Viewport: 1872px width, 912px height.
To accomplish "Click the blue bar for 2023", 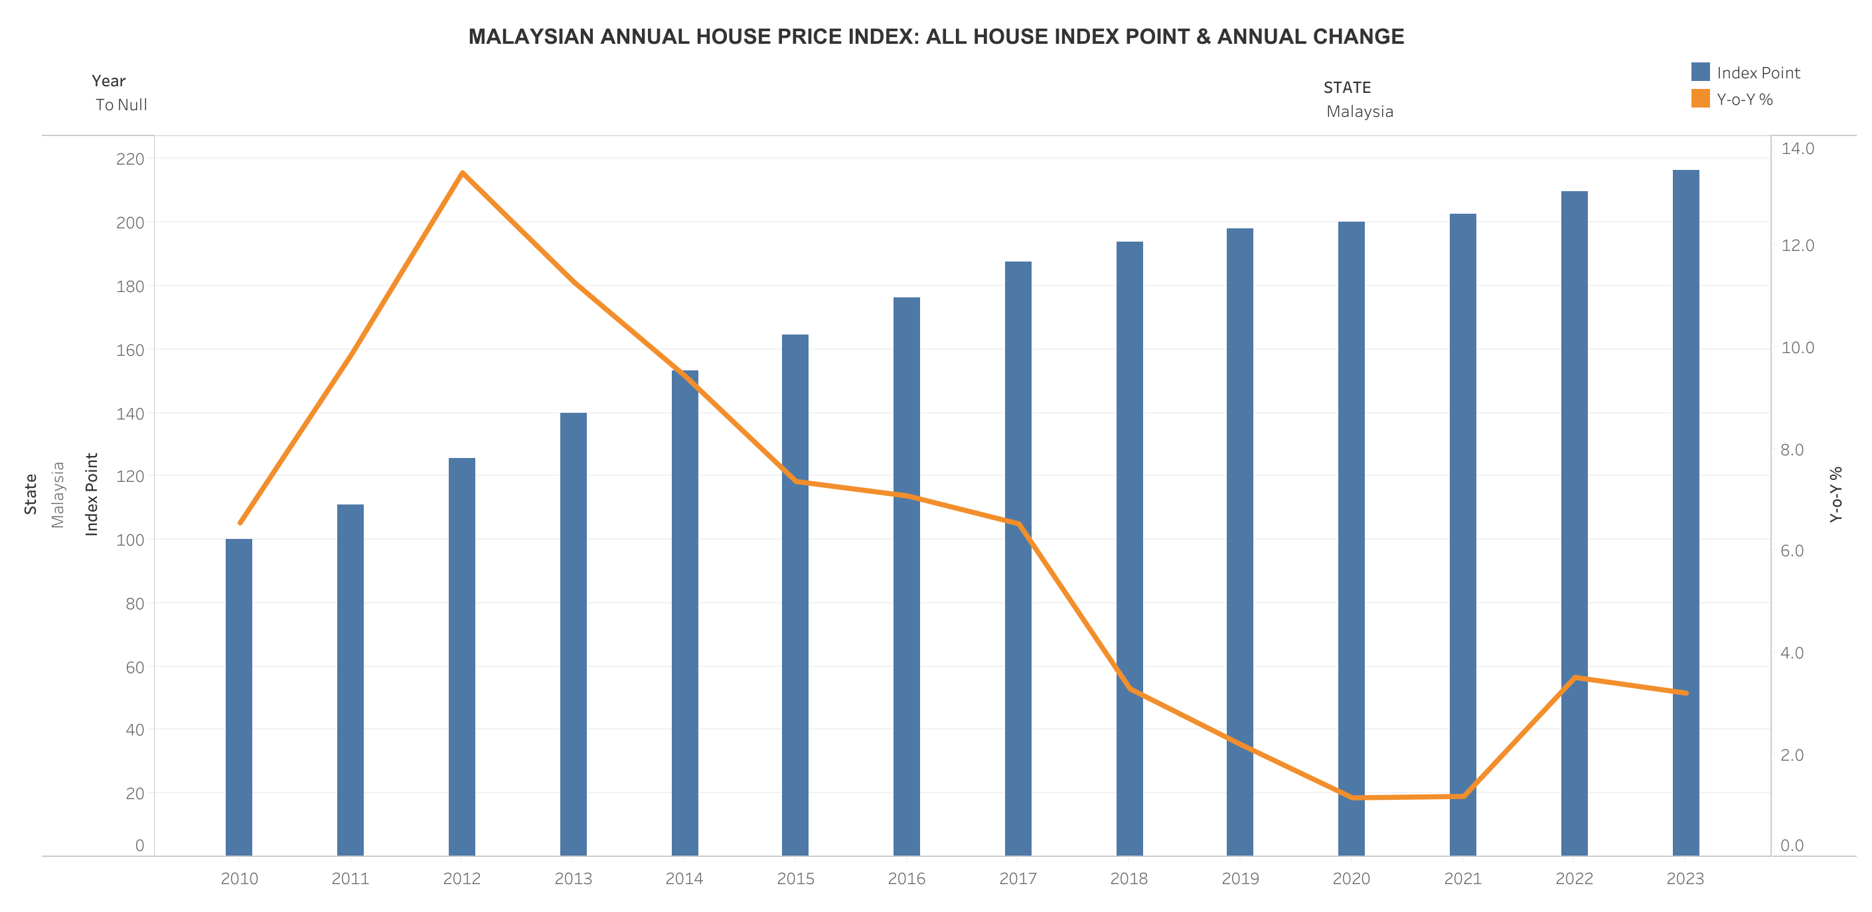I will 1685,512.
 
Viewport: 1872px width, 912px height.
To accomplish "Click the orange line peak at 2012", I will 462,173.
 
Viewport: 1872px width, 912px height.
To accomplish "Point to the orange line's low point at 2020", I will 1352,797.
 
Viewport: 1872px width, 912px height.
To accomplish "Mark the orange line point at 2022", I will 1574,678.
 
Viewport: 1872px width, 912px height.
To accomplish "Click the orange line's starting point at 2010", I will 240,522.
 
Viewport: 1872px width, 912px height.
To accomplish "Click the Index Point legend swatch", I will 1700,72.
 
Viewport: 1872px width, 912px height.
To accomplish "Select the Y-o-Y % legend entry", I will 1744,100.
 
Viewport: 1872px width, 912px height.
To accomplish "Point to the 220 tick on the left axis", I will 130,159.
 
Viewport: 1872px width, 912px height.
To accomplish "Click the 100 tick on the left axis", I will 130,539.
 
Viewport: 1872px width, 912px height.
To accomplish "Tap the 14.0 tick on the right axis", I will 1797,148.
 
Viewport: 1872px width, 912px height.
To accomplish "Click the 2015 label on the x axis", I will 795,879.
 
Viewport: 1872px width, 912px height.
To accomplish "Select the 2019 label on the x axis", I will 1240,879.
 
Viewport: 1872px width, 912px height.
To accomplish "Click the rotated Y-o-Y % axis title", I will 1835,494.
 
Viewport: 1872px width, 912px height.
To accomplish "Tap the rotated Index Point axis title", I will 92,494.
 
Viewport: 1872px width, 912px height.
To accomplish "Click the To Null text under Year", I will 121,105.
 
